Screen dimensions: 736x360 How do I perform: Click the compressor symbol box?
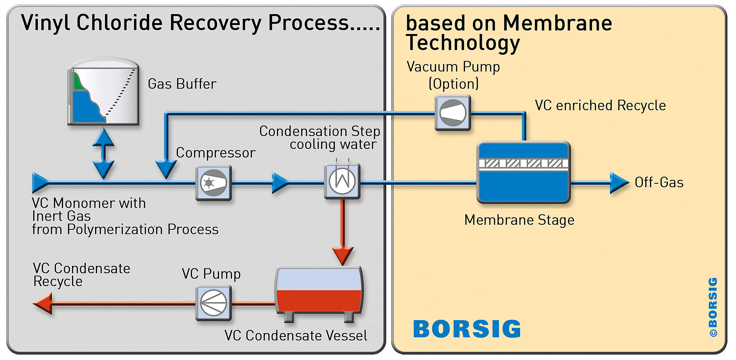pos(214,183)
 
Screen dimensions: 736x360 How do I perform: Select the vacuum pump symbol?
pos(453,113)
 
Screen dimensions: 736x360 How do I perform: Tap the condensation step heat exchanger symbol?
pos(342,181)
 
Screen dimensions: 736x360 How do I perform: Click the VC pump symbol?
pos(214,303)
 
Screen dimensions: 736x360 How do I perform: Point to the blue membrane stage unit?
pos(524,172)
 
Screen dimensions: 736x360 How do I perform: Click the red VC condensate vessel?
pos(319,293)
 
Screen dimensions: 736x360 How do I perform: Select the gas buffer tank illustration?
pos(103,92)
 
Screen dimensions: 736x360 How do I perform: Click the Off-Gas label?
pos(659,183)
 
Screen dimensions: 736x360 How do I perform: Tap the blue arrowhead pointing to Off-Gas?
pos(619,183)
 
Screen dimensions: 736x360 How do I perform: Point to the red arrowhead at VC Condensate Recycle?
pos(43,303)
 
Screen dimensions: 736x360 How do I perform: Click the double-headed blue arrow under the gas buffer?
pos(103,153)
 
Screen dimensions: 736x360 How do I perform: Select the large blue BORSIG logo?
pos(467,329)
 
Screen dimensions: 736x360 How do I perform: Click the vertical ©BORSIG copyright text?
pos(713,307)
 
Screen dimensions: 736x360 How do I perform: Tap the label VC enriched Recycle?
pos(600,106)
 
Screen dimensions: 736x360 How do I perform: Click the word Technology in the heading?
pos(463,43)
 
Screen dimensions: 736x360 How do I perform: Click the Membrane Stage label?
pos(519,220)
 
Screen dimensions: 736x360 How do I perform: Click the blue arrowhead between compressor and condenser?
pos(280,183)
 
